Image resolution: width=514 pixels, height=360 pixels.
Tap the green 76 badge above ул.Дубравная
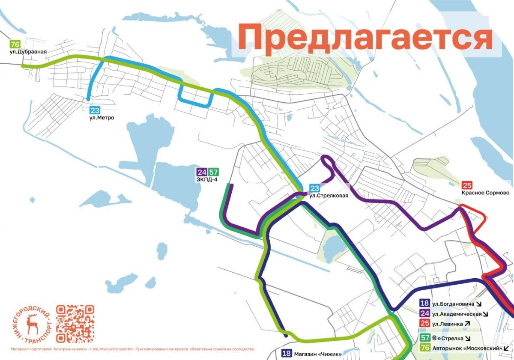15,44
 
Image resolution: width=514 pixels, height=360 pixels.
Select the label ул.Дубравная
28,52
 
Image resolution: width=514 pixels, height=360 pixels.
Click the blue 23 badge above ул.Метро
95,110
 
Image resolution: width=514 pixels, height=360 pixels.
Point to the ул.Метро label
102,118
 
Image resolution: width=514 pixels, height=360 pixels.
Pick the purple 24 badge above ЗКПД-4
202,173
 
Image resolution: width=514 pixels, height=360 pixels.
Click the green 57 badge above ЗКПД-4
213,173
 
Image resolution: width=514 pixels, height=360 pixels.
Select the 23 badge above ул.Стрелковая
315,188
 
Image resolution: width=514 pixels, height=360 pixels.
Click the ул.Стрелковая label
326,196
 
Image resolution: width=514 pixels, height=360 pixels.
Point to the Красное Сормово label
485,193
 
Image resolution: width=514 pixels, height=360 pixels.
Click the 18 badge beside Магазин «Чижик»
287,354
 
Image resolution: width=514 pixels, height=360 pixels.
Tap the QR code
75,324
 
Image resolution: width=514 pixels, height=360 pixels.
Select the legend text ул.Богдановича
453,304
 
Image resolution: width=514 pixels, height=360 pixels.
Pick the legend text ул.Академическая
457,314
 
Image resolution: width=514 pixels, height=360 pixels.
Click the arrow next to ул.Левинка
467,324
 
